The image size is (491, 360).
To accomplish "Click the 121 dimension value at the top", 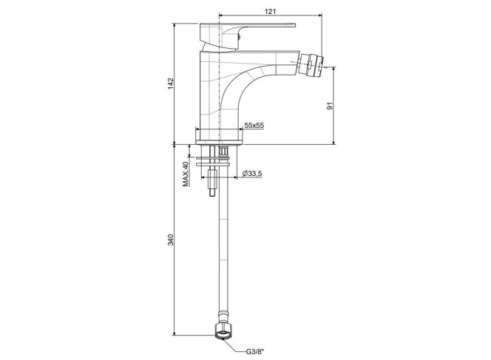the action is coord(270,12).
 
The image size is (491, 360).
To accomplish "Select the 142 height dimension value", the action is coord(171,84).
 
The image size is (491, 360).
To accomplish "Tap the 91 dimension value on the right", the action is coord(329,106).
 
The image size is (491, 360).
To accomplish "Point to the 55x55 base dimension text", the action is coord(254,126).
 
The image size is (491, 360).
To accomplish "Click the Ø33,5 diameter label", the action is coord(252,173).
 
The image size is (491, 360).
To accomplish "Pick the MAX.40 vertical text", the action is coord(186,174).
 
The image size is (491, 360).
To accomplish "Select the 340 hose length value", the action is coord(171,240).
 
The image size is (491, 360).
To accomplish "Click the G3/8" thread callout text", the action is coord(254,352).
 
